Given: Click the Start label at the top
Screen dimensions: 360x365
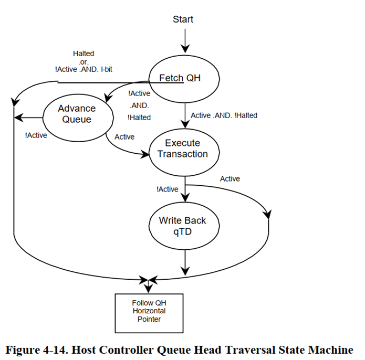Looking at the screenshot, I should [183, 19].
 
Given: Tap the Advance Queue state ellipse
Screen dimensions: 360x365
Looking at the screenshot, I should [77, 114].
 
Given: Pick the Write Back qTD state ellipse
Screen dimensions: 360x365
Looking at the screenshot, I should [182, 226].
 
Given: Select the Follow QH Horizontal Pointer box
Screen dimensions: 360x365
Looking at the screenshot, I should [149, 312].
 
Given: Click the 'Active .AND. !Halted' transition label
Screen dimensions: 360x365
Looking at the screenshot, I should [224, 115].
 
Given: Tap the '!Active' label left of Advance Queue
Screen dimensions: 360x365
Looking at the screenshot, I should [36, 135].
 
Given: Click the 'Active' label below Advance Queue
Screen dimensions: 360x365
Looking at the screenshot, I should [124, 137].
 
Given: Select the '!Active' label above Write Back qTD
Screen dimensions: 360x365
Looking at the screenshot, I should [166, 189].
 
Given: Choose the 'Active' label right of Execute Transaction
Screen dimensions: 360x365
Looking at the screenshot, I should [230, 179].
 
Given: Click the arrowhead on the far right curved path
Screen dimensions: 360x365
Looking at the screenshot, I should [268, 214].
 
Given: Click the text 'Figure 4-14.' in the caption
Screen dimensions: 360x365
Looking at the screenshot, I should [35, 349].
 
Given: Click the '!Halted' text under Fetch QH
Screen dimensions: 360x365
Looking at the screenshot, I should [140, 118].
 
